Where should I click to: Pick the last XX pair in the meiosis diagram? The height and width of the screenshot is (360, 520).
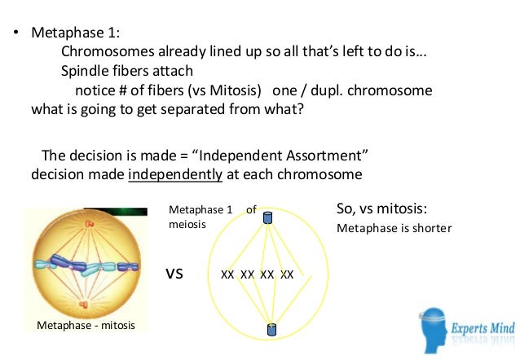pos(287,274)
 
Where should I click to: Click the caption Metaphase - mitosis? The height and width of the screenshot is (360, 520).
pos(86,326)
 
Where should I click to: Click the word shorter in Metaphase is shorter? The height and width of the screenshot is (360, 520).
pos(431,228)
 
